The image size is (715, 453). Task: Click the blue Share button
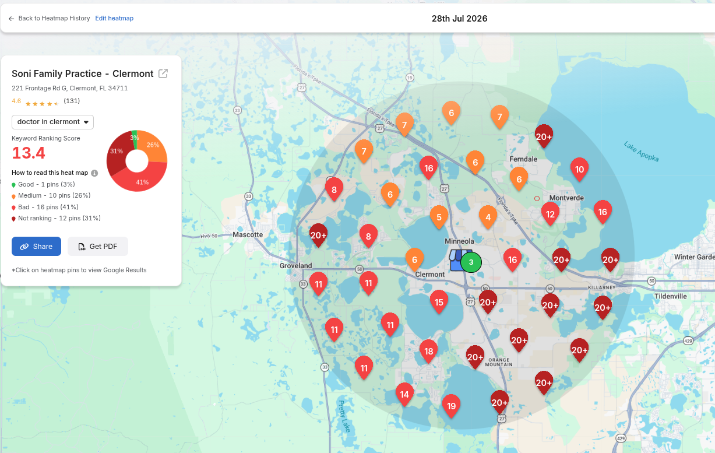pyautogui.click(x=36, y=246)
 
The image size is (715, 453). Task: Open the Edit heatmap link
pyautogui.click(x=114, y=18)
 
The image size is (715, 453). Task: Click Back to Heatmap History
pyautogui.click(x=49, y=18)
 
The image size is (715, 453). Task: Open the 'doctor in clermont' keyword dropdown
pyautogui.click(x=52, y=122)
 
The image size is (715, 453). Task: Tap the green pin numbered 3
pyautogui.click(x=471, y=262)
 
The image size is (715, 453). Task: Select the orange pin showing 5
pyautogui.click(x=439, y=217)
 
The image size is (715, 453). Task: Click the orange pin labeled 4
pyautogui.click(x=488, y=217)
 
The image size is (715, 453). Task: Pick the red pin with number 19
pyautogui.click(x=451, y=405)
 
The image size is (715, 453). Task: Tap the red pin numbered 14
pyautogui.click(x=404, y=394)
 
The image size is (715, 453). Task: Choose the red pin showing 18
pyautogui.click(x=428, y=351)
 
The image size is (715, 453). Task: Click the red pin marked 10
pyautogui.click(x=579, y=168)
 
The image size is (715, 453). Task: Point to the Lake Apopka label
pyautogui.click(x=641, y=152)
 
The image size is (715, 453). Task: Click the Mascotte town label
pyautogui.click(x=248, y=234)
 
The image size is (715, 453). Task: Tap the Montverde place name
pyautogui.click(x=566, y=198)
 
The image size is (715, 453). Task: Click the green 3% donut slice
pyautogui.click(x=135, y=139)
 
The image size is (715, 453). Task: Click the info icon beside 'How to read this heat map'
pyautogui.click(x=94, y=173)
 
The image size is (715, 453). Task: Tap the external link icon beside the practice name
pyautogui.click(x=163, y=73)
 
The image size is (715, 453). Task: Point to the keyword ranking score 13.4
pyautogui.click(x=29, y=153)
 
